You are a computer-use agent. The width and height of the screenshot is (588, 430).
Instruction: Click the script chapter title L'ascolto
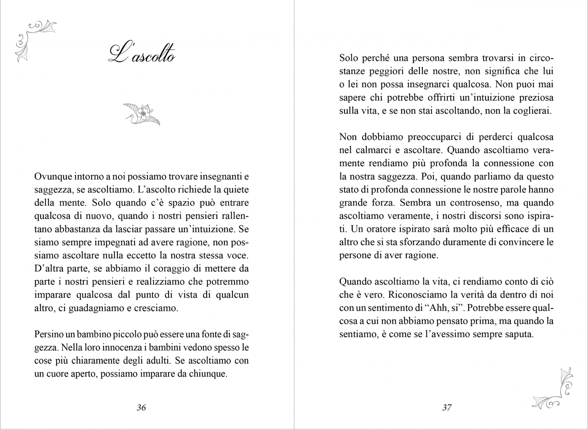click(x=142, y=54)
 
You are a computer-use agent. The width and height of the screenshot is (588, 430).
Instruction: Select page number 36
click(x=141, y=407)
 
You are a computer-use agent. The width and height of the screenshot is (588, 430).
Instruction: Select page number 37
click(x=447, y=407)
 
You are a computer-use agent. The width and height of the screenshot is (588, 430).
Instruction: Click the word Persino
click(x=47, y=334)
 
